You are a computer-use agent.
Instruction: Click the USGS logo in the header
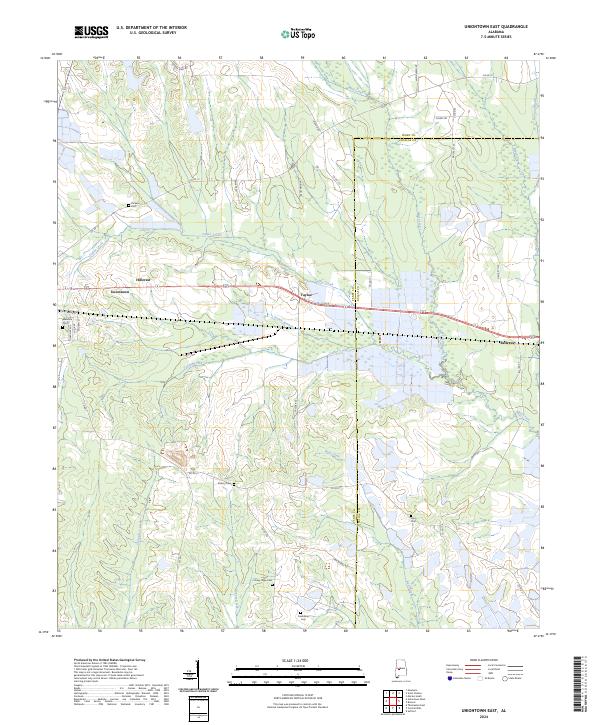pyautogui.click(x=91, y=33)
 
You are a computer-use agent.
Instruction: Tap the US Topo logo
pyautogui.click(x=300, y=34)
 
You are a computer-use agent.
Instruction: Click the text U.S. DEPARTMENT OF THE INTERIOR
pyautogui.click(x=151, y=27)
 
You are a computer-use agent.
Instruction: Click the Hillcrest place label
pyautogui.click(x=142, y=281)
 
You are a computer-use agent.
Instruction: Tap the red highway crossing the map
pyautogui.click(x=420, y=313)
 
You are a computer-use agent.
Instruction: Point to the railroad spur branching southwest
pyautogui.click(x=230, y=344)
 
